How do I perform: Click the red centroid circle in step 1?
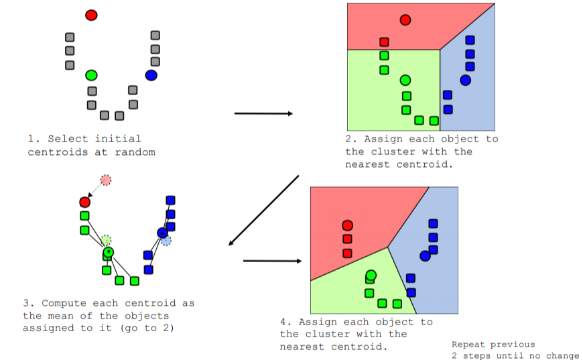[92, 15]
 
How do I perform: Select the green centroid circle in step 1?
[92, 74]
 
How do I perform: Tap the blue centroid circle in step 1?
[151, 75]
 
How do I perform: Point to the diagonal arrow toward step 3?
[263, 211]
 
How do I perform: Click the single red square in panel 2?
[384, 42]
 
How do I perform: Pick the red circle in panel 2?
[405, 20]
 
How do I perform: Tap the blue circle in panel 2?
[465, 80]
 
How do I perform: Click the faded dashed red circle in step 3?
[106, 180]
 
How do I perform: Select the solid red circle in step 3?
[84, 202]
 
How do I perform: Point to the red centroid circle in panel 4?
[347, 225]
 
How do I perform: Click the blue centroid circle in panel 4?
[425, 255]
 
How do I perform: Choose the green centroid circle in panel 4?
[371, 275]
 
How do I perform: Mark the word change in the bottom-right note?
[562, 356]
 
